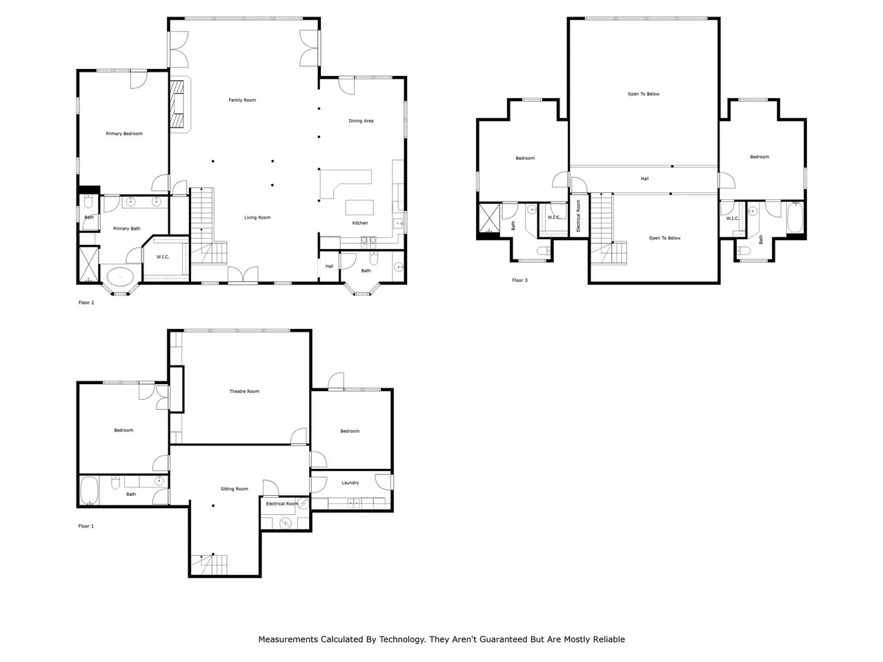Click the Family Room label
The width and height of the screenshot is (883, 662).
click(242, 100)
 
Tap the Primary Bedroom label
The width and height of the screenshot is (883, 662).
click(124, 134)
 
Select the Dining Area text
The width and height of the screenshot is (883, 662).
click(361, 121)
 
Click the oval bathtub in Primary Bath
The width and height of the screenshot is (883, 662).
click(120, 277)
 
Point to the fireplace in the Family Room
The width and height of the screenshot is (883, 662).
click(177, 103)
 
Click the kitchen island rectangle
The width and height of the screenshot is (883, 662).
click(359, 208)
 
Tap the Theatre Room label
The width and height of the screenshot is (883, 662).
click(244, 391)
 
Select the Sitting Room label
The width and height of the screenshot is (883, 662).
click(234, 489)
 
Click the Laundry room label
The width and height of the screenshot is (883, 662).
click(350, 483)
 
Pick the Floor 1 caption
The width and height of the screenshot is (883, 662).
click(86, 525)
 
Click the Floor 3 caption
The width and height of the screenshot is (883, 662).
click(519, 280)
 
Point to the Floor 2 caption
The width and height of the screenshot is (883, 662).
click(86, 302)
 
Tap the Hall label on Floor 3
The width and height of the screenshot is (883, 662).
click(644, 179)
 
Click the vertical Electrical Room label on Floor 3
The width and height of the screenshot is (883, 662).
click(579, 216)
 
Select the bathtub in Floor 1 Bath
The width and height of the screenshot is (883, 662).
click(89, 490)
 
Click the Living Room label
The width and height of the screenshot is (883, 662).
click(257, 217)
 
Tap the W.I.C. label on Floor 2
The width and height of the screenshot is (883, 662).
click(163, 257)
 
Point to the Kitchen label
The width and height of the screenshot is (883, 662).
click(360, 223)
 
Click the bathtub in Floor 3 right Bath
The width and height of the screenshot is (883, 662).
click(795, 217)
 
